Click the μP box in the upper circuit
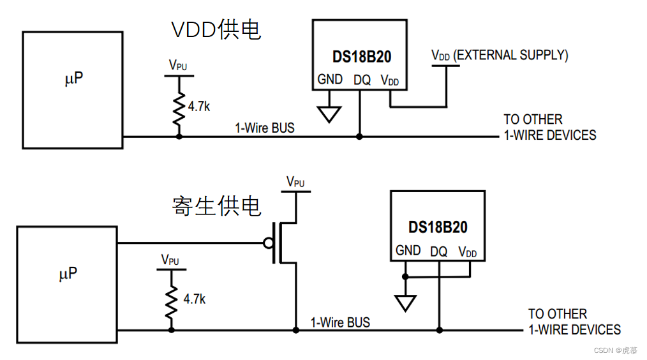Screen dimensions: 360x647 [x=72, y=90]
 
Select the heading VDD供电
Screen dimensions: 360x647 [x=216, y=29]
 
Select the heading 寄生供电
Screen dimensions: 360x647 [x=216, y=206]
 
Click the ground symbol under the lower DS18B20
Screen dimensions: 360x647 [x=405, y=303]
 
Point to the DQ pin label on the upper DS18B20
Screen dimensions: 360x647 [x=362, y=80]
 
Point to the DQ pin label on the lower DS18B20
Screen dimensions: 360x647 [x=438, y=251]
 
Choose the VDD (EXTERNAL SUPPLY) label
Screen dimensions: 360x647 [x=500, y=56]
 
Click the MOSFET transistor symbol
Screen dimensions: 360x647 [x=284, y=243]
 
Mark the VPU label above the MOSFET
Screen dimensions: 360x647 [x=295, y=182]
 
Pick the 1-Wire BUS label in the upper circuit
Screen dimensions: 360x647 [x=265, y=128]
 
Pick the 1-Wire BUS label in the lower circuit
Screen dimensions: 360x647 [x=340, y=322]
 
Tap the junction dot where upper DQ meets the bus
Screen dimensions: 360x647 [x=359, y=137]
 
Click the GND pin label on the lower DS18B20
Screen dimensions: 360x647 [x=408, y=251]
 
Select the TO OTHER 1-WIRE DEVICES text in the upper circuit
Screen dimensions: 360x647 [x=549, y=127]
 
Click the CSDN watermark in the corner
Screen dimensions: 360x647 [x=615, y=350]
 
